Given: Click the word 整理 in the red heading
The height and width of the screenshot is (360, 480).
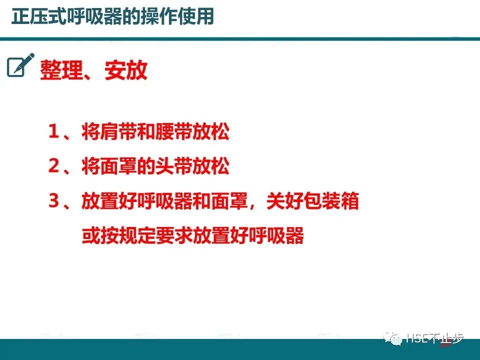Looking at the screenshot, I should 60,71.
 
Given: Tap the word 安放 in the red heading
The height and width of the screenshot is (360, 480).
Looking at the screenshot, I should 126,71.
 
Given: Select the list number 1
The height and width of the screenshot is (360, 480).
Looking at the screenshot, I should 54,132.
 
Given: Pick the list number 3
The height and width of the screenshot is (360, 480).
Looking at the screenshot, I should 54,201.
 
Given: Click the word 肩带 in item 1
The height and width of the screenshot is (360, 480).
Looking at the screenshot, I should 118,133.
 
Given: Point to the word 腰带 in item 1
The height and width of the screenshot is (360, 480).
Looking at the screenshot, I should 174,133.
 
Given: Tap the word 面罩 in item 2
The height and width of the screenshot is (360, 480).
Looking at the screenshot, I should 118,167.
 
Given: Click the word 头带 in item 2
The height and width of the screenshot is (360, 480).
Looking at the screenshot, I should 174,167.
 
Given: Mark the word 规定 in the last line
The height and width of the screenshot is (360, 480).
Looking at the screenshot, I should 137,236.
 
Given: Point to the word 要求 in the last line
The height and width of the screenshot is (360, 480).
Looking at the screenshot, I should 174,236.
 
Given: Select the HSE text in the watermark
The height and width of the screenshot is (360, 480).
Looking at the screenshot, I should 416,338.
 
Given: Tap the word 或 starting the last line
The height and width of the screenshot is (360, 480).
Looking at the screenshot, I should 91,236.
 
